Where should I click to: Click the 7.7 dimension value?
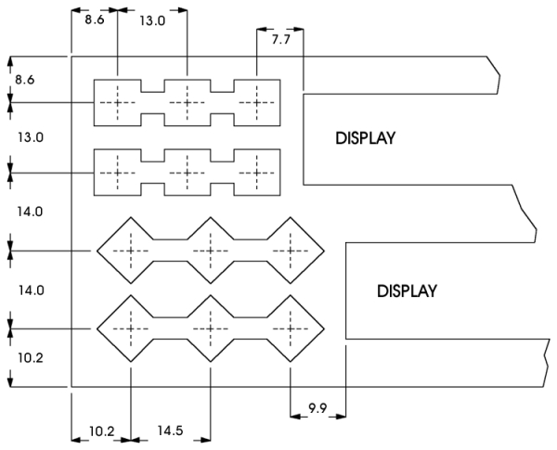pyautogui.click(x=281, y=40)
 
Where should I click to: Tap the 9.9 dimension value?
pyautogui.click(x=317, y=408)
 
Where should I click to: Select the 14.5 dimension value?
pyautogui.click(x=170, y=431)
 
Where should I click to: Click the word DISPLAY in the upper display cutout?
pyautogui.click(x=365, y=138)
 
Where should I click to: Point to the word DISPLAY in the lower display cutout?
pyautogui.click(x=407, y=291)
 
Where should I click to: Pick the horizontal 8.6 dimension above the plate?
pyautogui.click(x=95, y=19)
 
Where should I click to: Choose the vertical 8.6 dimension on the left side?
pyautogui.click(x=24, y=80)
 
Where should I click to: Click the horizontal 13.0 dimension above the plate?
pyautogui.click(x=152, y=21)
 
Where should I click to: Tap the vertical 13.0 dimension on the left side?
pyautogui.click(x=31, y=137)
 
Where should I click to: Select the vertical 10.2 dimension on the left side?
pyautogui.click(x=31, y=357)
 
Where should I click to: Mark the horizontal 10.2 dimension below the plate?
pyautogui.click(x=101, y=431)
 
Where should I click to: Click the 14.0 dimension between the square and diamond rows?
pyautogui.click(x=30, y=212)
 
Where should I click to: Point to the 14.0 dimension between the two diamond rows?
pyautogui.click(x=32, y=290)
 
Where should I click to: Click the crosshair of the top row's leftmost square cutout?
pyautogui.click(x=118, y=103)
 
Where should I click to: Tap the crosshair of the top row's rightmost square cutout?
pyautogui.click(x=257, y=103)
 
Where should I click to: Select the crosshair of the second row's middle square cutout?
pyautogui.click(x=188, y=173)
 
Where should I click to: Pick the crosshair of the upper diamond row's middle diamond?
pyautogui.click(x=211, y=251)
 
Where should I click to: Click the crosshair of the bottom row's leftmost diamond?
pyautogui.click(x=131, y=328)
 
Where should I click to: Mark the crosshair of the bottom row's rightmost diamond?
pyautogui.click(x=291, y=328)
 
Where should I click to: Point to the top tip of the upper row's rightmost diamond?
pyautogui.click(x=291, y=217)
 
